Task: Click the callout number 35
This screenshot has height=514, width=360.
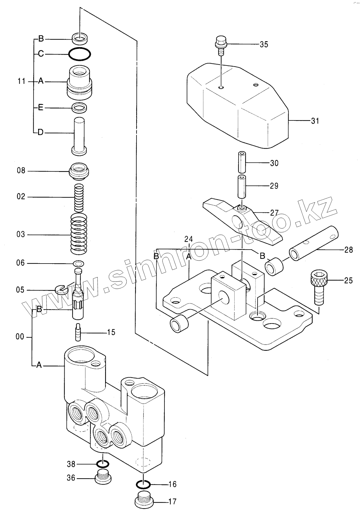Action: tap(264, 45)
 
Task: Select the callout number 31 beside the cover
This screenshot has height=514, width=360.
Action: tap(315, 121)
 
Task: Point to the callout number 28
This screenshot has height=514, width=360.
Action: tap(348, 250)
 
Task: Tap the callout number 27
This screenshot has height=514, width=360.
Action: tap(274, 213)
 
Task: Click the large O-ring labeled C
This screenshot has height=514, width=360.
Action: tap(79, 54)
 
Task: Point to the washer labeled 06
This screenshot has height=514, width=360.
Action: tap(78, 264)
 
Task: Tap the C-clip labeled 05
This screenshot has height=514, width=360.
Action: tap(61, 289)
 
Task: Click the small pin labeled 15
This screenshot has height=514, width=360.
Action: tap(78, 332)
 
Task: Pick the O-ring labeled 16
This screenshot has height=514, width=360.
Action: tap(143, 484)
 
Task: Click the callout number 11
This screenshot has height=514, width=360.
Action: tap(21, 81)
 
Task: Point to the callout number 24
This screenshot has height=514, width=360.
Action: tap(188, 239)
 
